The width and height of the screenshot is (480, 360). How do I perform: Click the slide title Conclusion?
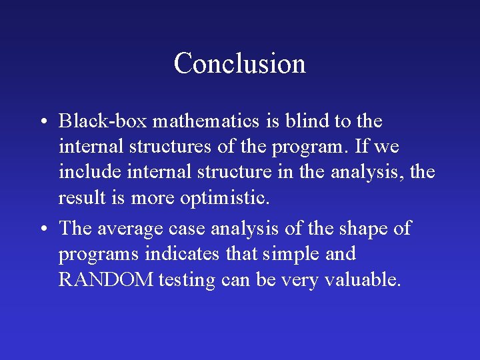239,64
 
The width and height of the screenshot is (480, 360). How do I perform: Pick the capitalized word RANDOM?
105,280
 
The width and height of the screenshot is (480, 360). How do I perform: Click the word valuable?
363,280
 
